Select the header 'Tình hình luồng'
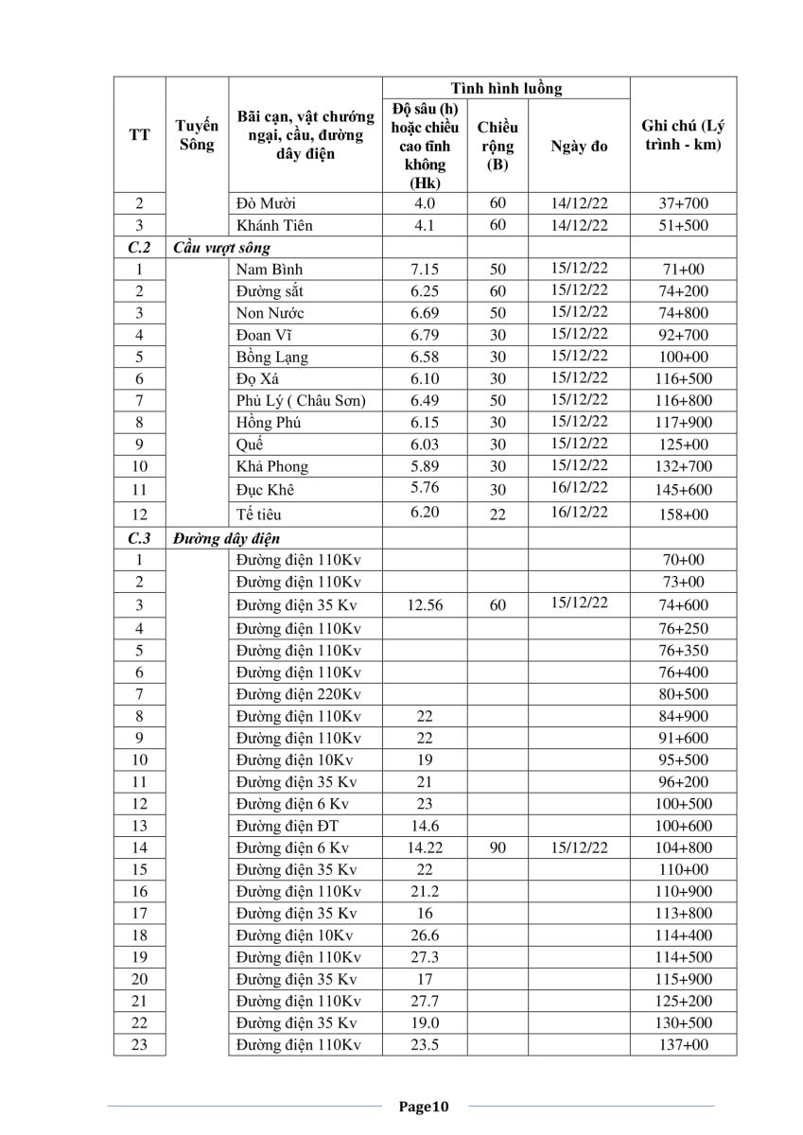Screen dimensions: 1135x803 506,89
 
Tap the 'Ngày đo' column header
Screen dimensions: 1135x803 579,147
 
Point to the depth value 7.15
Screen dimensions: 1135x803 425,270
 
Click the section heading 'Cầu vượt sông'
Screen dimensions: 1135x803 220,248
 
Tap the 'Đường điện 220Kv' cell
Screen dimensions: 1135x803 299,694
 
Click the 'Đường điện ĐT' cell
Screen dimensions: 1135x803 288,826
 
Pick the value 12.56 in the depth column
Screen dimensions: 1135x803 425,605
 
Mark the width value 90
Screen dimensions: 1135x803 498,848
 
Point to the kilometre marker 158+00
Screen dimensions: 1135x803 683,515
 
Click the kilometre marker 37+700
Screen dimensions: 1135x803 683,203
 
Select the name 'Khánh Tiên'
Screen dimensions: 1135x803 275,225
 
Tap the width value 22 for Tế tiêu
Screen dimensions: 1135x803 498,515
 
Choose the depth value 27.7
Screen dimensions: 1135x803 425,1001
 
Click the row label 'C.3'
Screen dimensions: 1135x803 139,538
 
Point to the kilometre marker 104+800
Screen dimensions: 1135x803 683,848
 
